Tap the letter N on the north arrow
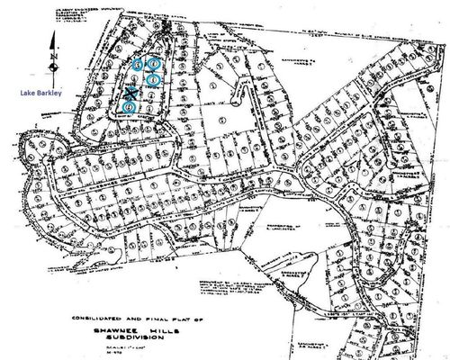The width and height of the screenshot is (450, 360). (x=56, y=52)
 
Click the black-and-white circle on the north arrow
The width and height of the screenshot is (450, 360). (x=56, y=63)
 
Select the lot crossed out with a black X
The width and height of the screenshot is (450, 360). (x=130, y=92)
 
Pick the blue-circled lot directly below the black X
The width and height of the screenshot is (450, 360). (x=130, y=108)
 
